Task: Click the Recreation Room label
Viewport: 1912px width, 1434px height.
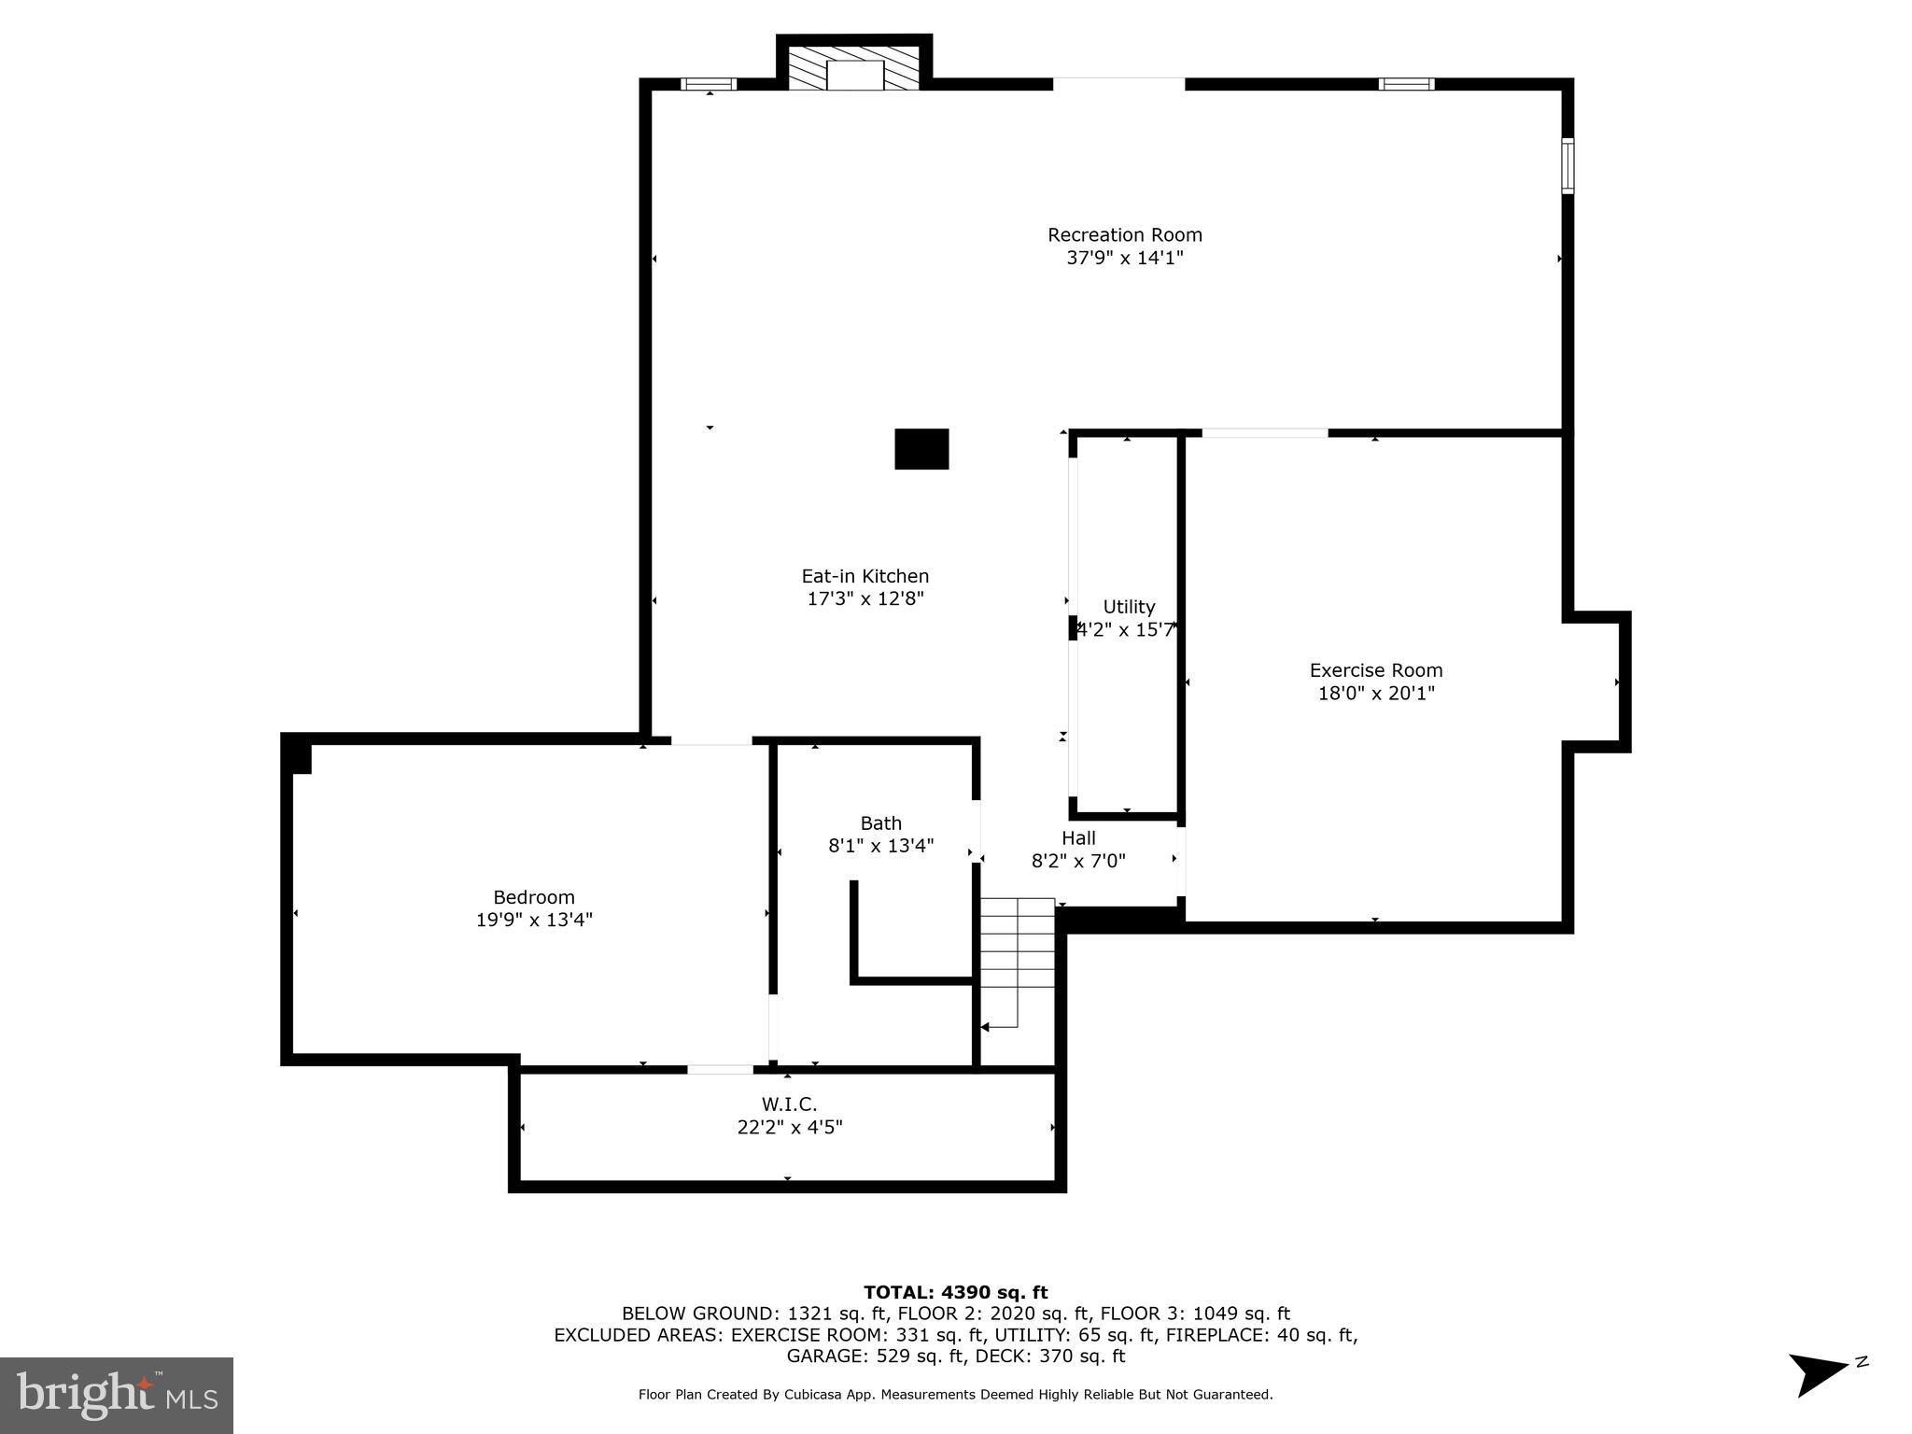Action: [x=1124, y=235]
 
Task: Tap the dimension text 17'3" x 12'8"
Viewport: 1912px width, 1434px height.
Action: [x=865, y=599]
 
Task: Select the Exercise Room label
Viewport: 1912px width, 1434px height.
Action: [x=1375, y=670]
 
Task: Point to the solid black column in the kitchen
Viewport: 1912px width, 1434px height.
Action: [x=921, y=449]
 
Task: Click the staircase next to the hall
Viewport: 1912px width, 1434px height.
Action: [x=1017, y=962]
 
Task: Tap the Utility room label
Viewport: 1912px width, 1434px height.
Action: [x=1129, y=607]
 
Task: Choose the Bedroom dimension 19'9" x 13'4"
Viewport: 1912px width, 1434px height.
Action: [x=534, y=921]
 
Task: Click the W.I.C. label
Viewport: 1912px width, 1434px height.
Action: [x=789, y=1105]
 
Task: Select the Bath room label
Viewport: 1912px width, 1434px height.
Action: [x=880, y=823]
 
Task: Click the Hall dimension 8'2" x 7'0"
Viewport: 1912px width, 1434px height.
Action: [x=1078, y=861]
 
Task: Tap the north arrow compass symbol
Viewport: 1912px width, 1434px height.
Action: [x=1821, y=1373]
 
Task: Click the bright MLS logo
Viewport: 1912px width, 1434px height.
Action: [x=116, y=1395]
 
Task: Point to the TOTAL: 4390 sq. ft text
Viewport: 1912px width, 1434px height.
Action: [x=955, y=1293]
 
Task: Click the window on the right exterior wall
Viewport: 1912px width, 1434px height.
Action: [x=1568, y=165]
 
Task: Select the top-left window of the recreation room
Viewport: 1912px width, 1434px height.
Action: [x=709, y=84]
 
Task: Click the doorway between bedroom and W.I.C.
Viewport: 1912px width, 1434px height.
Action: [x=720, y=1069]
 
